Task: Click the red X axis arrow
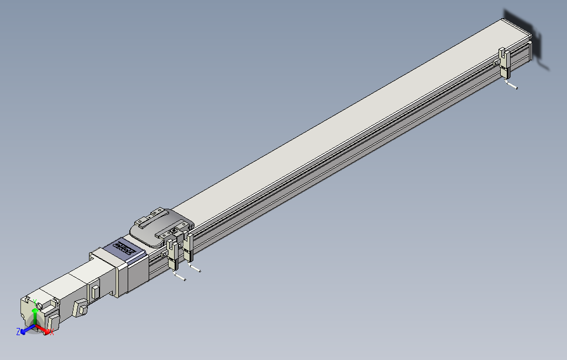tap(46, 330)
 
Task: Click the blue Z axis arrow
tap(25, 331)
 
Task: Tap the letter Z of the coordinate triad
tap(18, 331)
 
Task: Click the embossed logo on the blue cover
tap(125, 247)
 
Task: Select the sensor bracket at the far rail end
tap(504, 62)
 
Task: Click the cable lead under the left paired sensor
tap(179, 277)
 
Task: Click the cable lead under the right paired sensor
tap(195, 268)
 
